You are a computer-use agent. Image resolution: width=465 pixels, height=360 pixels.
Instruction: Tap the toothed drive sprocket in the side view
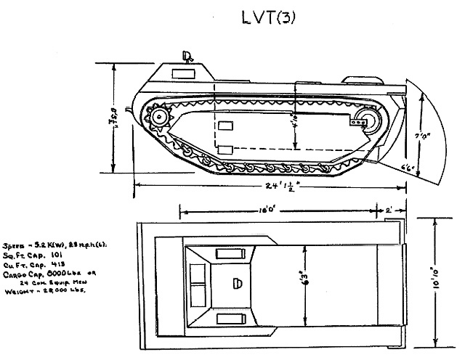158,118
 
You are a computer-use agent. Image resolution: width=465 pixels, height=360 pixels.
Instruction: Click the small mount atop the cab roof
187,54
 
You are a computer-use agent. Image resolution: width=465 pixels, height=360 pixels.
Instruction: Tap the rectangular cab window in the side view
179,73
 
